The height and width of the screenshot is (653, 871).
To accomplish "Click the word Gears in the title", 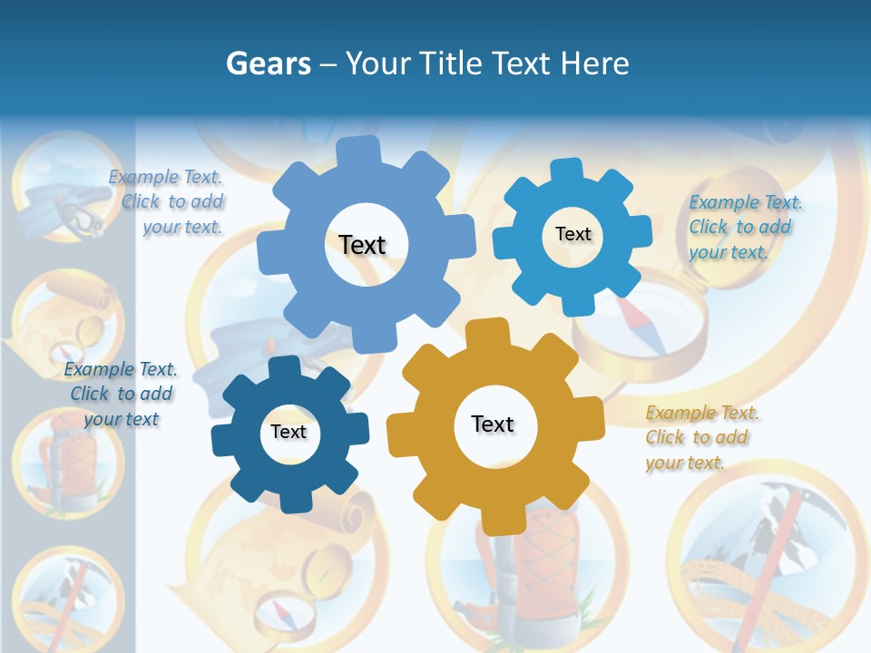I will pyautogui.click(x=268, y=63).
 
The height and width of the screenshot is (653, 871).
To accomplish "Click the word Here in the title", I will pyautogui.click(x=594, y=63).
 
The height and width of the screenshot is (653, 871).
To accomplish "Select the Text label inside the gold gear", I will pyautogui.click(x=493, y=424).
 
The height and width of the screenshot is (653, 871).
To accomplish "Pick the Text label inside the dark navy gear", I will pyautogui.click(x=289, y=433).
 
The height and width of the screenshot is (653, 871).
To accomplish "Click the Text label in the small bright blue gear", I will pyautogui.click(x=573, y=234).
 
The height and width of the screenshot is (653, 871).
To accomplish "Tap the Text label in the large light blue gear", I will pyautogui.click(x=362, y=245).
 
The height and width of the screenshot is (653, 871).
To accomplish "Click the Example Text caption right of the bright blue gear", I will pyautogui.click(x=744, y=227).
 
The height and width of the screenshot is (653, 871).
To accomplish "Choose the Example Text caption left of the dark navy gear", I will pyautogui.click(x=121, y=395).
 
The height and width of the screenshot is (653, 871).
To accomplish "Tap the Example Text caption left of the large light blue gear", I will pyautogui.click(x=169, y=201).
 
